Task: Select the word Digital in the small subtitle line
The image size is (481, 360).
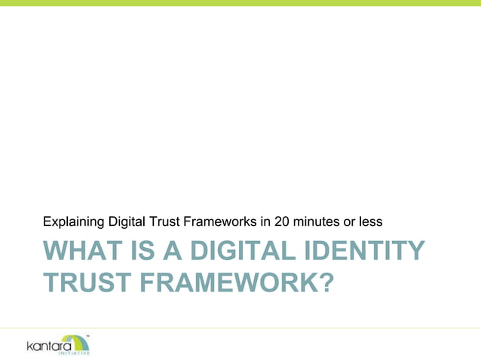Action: [x=128, y=222]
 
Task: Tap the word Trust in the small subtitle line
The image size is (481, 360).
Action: [x=167, y=222]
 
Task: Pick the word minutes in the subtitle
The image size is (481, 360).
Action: [x=317, y=222]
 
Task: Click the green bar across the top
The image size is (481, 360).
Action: [x=240, y=3]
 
